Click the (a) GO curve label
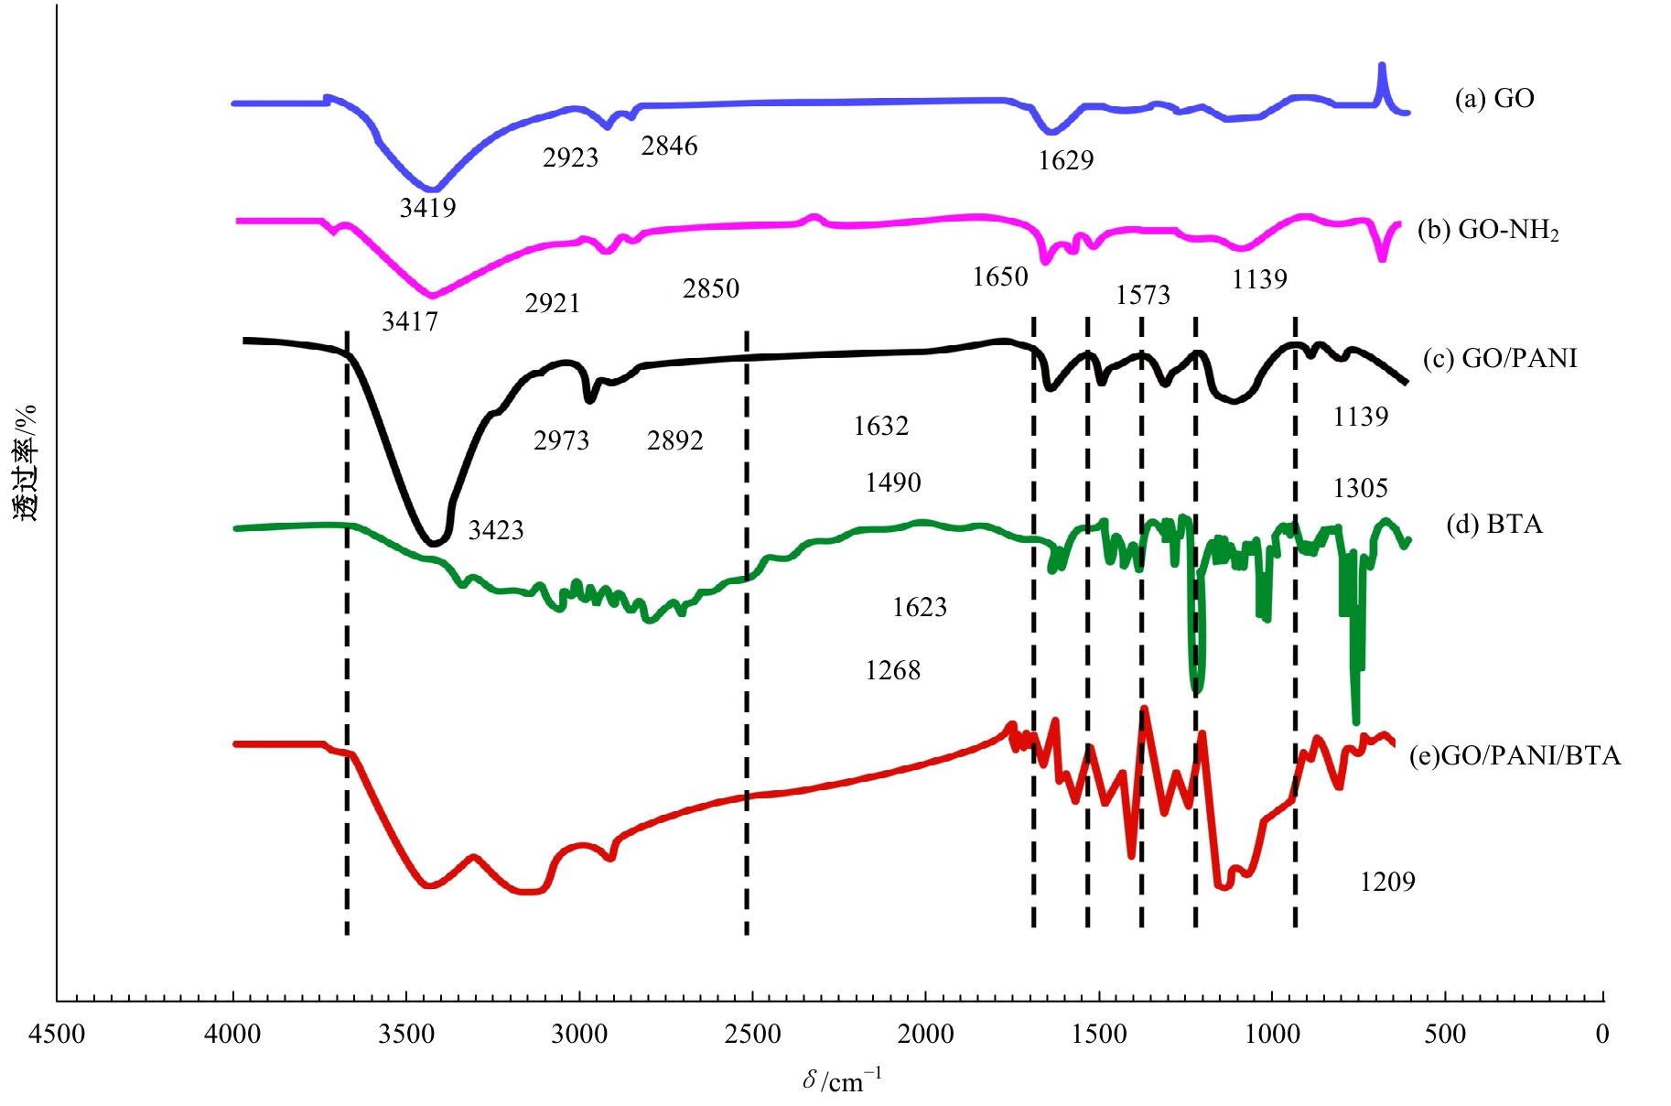[x=1493, y=99]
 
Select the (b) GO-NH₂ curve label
[x=1488, y=229]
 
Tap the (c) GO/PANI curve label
[x=1500, y=358]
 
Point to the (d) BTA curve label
[x=1493, y=525]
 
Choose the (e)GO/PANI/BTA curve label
[x=1515, y=755]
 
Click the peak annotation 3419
[x=427, y=208]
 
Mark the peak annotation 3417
[x=410, y=321]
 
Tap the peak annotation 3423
[x=496, y=530]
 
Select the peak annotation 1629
[x=1065, y=160]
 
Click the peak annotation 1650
[x=1000, y=276]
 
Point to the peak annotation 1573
[x=1143, y=295]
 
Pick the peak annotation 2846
[x=669, y=146]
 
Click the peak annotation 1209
[x=1387, y=882]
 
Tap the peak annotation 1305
[x=1360, y=488]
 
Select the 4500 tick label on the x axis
[x=57, y=1035]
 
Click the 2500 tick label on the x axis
[x=752, y=1035]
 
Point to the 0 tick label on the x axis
[x=1601, y=1035]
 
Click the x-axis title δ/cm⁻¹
[x=842, y=1080]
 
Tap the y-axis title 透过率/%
[x=26, y=462]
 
